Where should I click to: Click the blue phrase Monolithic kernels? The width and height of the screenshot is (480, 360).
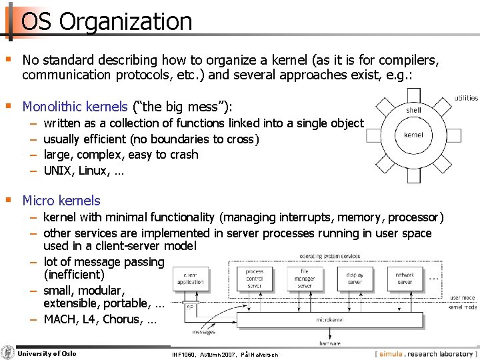coord(75,107)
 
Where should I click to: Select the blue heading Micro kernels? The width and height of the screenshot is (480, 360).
coord(61,201)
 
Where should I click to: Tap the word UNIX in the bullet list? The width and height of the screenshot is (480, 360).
coord(57,171)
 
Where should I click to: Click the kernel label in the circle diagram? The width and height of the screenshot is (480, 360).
coord(413,135)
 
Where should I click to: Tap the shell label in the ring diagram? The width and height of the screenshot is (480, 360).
coord(413,110)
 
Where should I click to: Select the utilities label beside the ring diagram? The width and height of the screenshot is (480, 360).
coord(466,98)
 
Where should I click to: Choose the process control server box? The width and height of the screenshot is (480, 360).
coord(254,279)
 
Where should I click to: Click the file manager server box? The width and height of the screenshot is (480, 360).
coord(304,279)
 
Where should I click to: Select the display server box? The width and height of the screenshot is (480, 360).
coord(355,279)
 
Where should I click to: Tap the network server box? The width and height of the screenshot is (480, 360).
coord(404,279)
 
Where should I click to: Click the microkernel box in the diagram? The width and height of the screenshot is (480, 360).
coord(329,320)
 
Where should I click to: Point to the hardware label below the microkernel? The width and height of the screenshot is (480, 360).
coord(329,343)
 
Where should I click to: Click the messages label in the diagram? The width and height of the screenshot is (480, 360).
coord(203,331)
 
